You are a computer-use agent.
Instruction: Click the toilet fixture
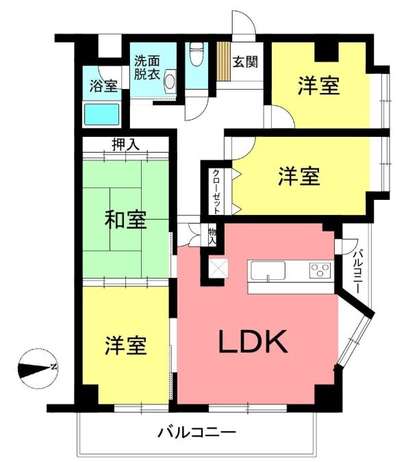coord(196,54)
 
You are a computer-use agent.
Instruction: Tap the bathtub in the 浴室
coord(102,114)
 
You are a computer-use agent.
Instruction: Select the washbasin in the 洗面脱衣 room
coord(170,81)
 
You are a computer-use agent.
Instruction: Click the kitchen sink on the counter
coord(268,270)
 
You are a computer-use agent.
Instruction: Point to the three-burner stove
coord(320,270)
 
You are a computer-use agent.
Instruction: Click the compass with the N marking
coord(38,368)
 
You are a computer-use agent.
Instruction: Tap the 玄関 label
coord(245,62)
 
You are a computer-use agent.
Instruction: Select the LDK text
coord(253,342)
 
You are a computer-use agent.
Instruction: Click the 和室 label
coord(126,220)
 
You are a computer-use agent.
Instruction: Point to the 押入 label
coord(125,144)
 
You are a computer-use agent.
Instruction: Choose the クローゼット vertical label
coord(217,192)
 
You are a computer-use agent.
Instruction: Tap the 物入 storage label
coord(212,235)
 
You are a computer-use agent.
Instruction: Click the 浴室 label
coord(103,86)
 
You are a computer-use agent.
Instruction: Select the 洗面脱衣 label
coord(147,68)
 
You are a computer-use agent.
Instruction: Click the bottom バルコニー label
coord(197,433)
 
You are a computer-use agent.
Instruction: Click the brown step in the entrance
coord(223,61)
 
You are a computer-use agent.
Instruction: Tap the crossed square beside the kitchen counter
coord(218,268)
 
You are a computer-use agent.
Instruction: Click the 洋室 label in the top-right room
coord(319,86)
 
